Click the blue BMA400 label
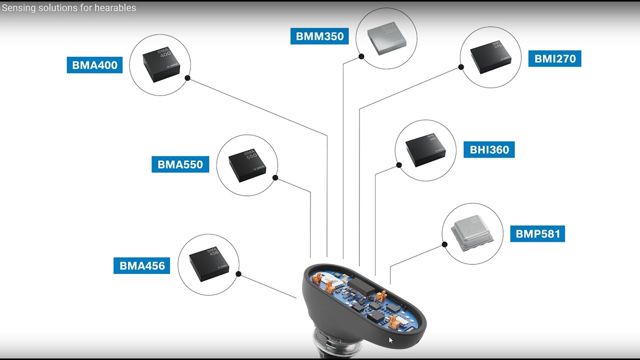pyautogui.click(x=94, y=65)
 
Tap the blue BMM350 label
pyautogui.click(x=319, y=36)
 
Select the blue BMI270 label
pyautogui.click(x=554, y=58)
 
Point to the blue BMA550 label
pyautogui.click(x=180, y=164)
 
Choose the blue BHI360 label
pyautogui.click(x=489, y=149)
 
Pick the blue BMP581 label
pyautogui.click(x=537, y=233)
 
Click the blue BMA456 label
pyautogui.click(x=142, y=265)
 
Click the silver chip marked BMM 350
pyautogui.click(x=386, y=37)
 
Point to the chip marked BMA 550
pyautogui.click(x=247, y=164)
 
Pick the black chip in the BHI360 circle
pyautogui.click(x=425, y=149)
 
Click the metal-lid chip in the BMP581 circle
pyautogui.click(x=472, y=233)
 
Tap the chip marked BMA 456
pyautogui.click(x=208, y=264)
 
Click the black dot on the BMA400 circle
pyautogui.click(x=187, y=78)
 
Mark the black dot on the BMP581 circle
pyautogui.click(x=444, y=244)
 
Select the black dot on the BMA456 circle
pyautogui.click(x=238, y=274)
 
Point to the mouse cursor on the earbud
pyautogui.click(x=391, y=340)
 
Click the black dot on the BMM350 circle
pyautogui.click(x=361, y=56)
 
